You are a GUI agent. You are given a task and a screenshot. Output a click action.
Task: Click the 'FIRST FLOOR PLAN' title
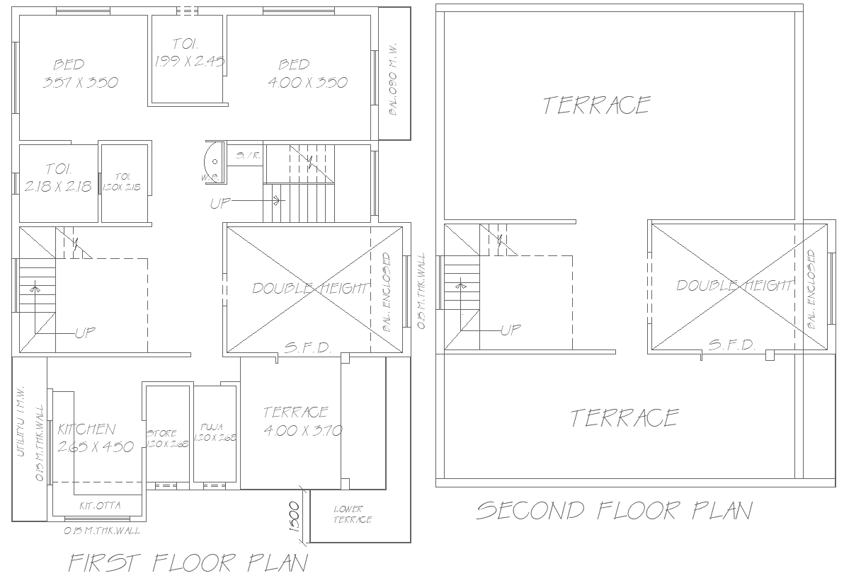tap(188, 562)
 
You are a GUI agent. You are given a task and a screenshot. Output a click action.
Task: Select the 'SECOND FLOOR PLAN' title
tap(614, 510)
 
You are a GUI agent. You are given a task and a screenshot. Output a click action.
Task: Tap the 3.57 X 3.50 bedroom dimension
tap(80, 82)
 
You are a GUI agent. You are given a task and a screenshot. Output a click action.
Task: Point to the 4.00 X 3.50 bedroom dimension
tap(308, 82)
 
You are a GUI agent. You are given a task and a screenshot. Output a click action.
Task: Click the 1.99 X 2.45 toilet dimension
tap(189, 62)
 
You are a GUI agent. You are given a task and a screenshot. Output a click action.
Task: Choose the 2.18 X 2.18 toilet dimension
tap(58, 187)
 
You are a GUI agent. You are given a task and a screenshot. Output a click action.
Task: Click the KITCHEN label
tap(86, 429)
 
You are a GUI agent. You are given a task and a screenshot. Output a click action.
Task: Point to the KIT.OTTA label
tap(100, 505)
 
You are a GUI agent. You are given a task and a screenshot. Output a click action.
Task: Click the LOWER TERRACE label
tap(353, 514)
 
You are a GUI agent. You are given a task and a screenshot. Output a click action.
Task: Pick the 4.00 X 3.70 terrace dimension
tap(303, 430)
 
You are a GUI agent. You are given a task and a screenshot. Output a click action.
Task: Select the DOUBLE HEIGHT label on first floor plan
tap(310, 289)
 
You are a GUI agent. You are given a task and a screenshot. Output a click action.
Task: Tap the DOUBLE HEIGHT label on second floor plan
tap(734, 285)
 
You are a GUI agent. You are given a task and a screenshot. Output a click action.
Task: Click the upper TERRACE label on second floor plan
tap(596, 105)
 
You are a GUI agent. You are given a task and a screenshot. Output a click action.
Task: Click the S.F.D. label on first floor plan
tap(307, 347)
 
